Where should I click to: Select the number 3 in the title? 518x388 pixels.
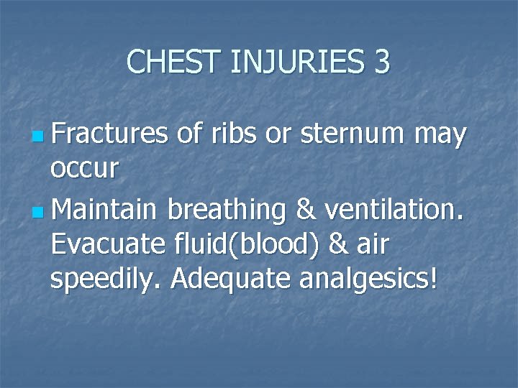(x=381, y=62)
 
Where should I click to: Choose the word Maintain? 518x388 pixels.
(x=105, y=210)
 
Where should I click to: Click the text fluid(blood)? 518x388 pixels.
(x=241, y=246)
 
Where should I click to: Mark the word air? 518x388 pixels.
(x=371, y=246)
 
